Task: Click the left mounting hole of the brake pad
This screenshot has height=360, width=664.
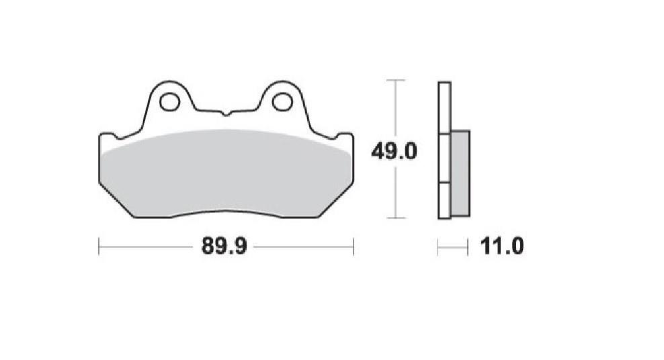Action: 169,102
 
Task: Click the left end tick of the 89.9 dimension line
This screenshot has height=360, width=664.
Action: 99,246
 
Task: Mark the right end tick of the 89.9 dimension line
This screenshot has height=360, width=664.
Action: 354,246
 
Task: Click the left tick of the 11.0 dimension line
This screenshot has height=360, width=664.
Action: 438,247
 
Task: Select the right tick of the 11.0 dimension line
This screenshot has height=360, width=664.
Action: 468,247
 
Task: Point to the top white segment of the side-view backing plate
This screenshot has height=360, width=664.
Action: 444,107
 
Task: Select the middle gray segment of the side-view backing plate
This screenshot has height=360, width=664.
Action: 444,159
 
